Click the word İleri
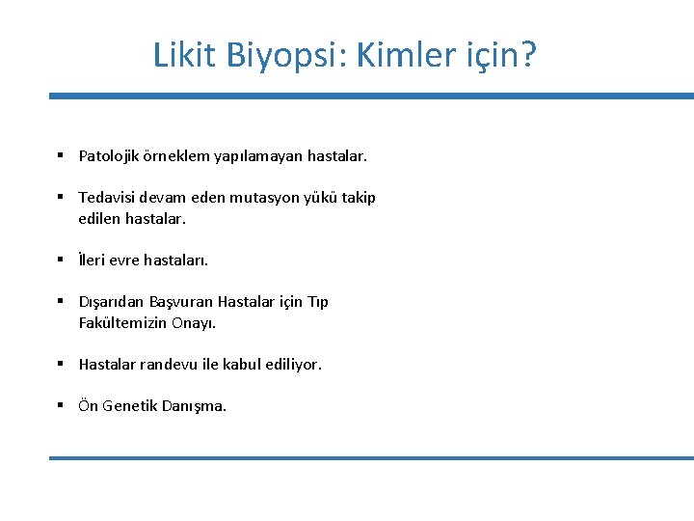(94, 260)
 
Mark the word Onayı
(195, 322)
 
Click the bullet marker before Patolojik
(60, 155)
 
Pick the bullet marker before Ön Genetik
(60, 406)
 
